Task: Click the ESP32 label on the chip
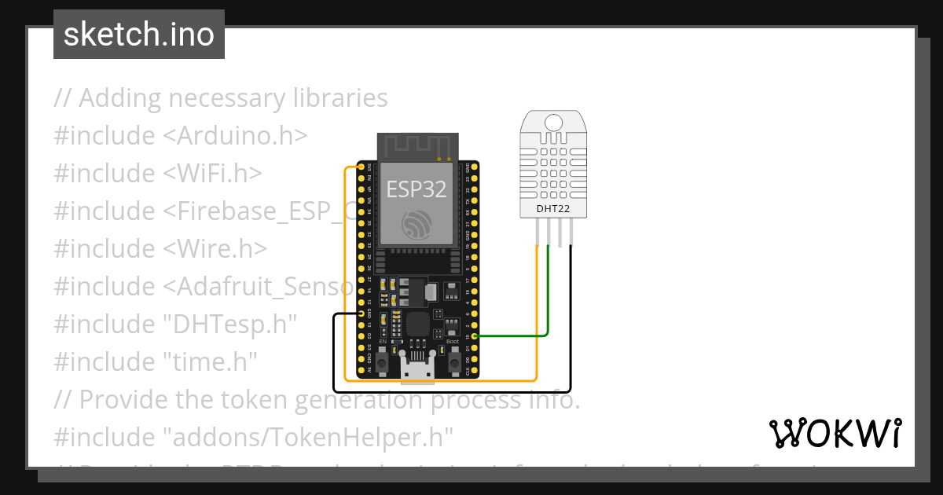tap(416, 189)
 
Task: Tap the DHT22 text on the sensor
tap(553, 208)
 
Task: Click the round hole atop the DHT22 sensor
tap(553, 122)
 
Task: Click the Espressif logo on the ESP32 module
tap(416, 225)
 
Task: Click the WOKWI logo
tap(835, 433)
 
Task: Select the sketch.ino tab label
tap(139, 35)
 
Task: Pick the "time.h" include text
tap(211, 362)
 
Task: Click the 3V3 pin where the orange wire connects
tap(362, 167)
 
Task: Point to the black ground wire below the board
tap(452, 390)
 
